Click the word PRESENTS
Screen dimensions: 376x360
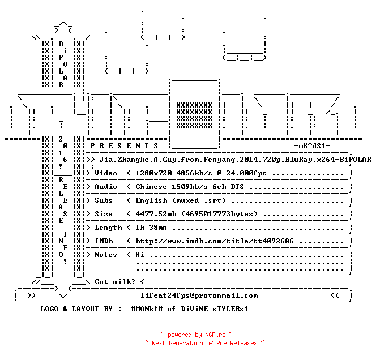[x=124, y=145]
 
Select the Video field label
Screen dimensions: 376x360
[x=106, y=173]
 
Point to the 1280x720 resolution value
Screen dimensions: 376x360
[x=153, y=173]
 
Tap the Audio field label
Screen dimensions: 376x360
[x=106, y=187]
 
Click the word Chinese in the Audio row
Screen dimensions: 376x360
[x=151, y=187]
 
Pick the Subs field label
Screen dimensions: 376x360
[x=104, y=200]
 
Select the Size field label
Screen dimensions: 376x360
[x=104, y=214]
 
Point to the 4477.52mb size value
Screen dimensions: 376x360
[x=156, y=214]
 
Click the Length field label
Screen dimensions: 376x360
[x=108, y=228]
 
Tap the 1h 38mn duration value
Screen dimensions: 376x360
[x=151, y=228]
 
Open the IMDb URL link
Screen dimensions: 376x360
[x=215, y=241]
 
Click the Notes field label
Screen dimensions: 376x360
[x=106, y=255]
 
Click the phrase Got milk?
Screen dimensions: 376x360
[x=115, y=282]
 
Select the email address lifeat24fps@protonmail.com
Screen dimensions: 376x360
[x=199, y=295]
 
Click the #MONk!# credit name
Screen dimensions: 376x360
[x=147, y=309]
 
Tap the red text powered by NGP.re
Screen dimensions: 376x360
[x=196, y=335]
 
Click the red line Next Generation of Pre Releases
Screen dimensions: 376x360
[x=204, y=343]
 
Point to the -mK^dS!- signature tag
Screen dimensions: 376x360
[x=312, y=145]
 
